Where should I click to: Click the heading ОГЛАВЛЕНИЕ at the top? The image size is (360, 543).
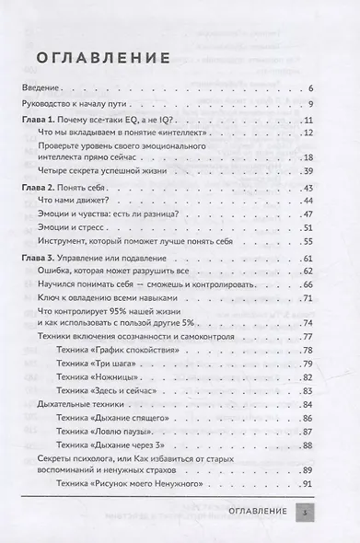click(x=96, y=58)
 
